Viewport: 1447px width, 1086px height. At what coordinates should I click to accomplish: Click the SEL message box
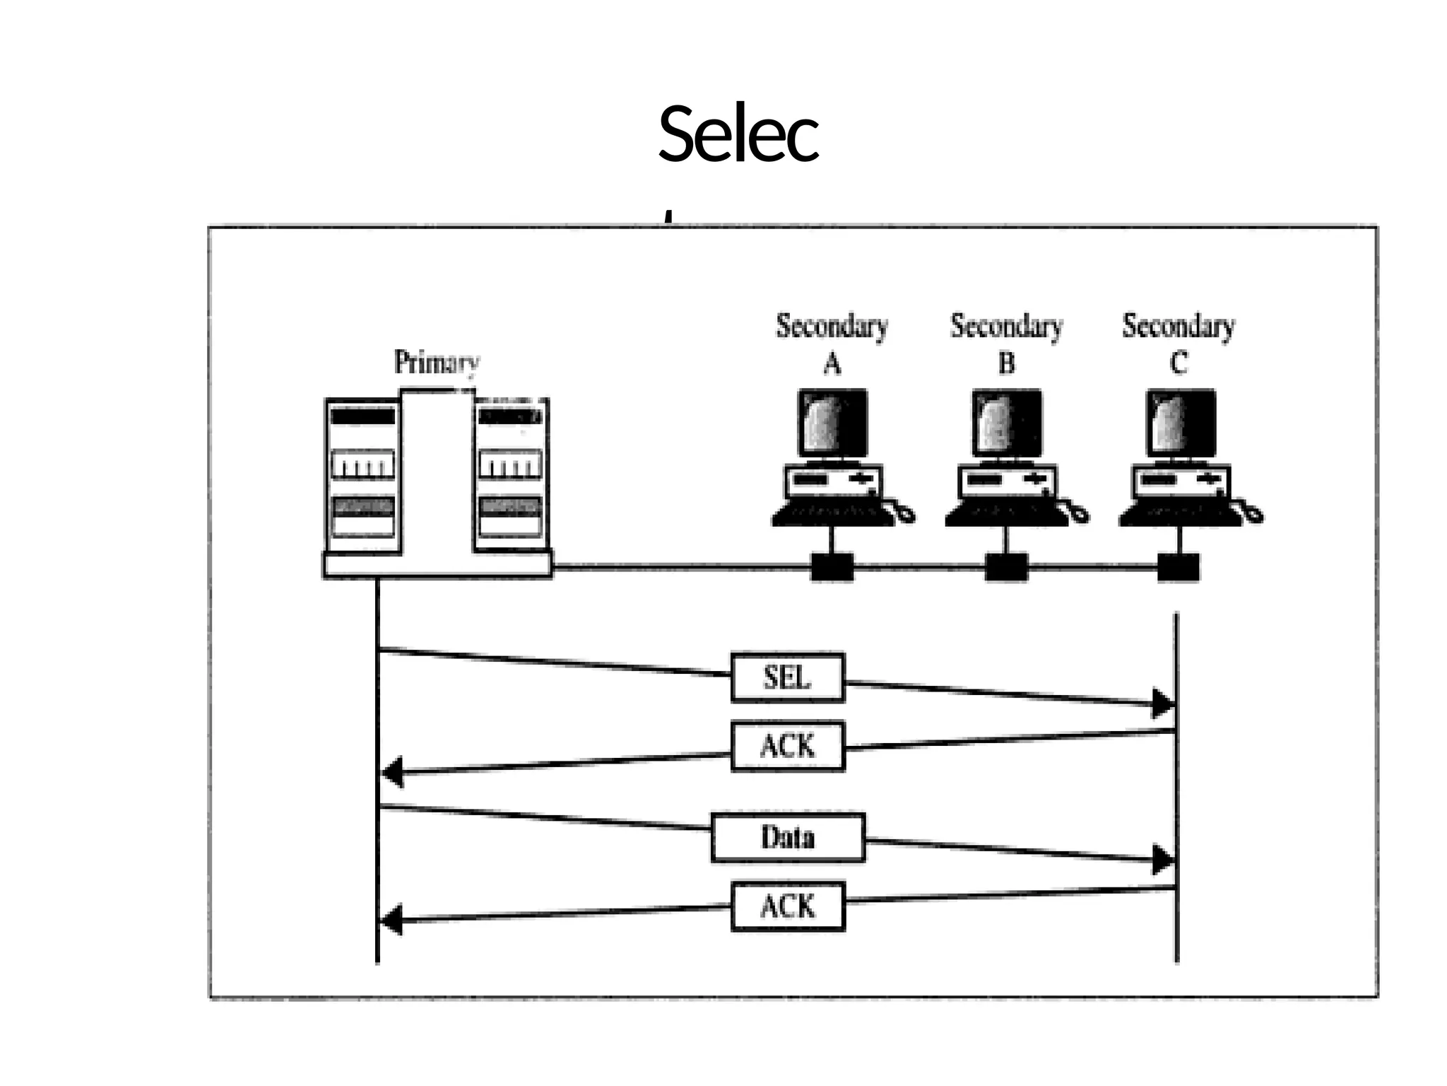(787, 677)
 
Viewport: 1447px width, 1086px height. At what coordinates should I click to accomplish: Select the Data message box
(787, 837)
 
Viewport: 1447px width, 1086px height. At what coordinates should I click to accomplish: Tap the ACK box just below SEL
(787, 746)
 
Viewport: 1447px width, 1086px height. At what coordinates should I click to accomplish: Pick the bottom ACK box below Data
(787, 906)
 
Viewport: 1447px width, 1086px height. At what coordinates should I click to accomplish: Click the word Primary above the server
(436, 362)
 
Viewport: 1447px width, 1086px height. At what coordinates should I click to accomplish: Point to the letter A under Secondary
(832, 364)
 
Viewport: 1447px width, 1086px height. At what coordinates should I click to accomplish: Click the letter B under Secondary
(1006, 364)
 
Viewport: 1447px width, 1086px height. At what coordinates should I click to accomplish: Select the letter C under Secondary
(1178, 364)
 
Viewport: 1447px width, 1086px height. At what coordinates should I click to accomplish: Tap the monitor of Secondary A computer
(832, 423)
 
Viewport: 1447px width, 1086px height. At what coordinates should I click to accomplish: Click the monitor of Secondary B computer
(1006, 423)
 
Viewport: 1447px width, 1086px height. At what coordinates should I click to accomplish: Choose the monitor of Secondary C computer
(1180, 423)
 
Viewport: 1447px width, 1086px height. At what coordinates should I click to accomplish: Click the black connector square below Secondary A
(832, 567)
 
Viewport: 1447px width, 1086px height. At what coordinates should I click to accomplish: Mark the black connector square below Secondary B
(1006, 567)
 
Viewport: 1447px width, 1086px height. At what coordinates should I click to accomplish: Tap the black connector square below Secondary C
(1178, 567)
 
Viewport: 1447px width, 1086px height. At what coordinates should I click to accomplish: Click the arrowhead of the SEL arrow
(1162, 703)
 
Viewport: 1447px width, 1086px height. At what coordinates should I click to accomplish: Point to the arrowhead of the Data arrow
(1162, 860)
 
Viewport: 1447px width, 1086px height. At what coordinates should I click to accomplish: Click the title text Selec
(738, 134)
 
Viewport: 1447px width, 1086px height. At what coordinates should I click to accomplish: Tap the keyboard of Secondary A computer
(832, 514)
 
